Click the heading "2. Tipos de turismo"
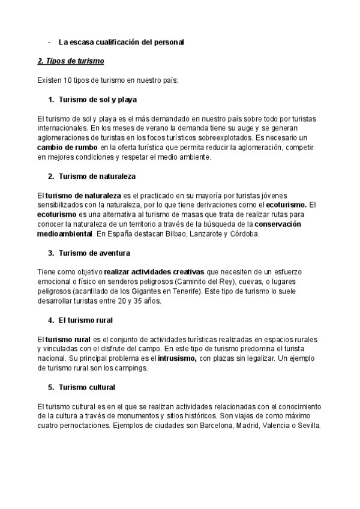click(70, 61)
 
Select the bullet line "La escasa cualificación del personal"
click(121, 43)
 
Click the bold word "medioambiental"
click(65, 234)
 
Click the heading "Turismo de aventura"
click(95, 253)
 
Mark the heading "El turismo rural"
click(86, 321)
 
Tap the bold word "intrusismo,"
click(178, 358)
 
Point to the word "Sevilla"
click(307, 426)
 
